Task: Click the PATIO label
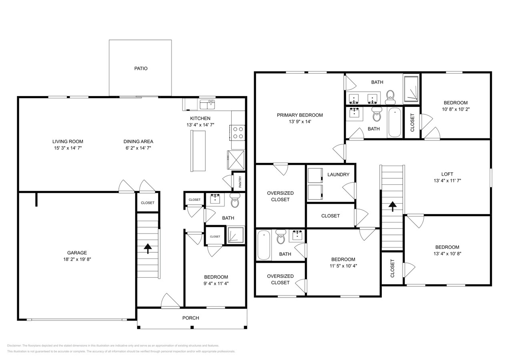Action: (140, 68)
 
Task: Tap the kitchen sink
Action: (207, 104)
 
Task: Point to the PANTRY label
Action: (240, 181)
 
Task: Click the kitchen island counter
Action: (197, 151)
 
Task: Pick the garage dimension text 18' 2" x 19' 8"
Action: (77, 259)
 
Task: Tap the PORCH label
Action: (190, 318)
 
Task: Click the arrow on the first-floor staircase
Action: (148, 249)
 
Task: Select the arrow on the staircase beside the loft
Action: (392, 206)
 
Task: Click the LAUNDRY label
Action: (338, 174)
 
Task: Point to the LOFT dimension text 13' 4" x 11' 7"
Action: (447, 180)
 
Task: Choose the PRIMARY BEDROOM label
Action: (300, 115)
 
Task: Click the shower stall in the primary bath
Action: (411, 88)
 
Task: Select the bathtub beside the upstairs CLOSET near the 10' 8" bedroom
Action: (395, 122)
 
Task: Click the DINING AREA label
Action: (138, 141)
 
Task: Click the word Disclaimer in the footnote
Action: (15, 345)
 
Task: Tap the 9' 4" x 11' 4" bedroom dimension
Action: (216, 283)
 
